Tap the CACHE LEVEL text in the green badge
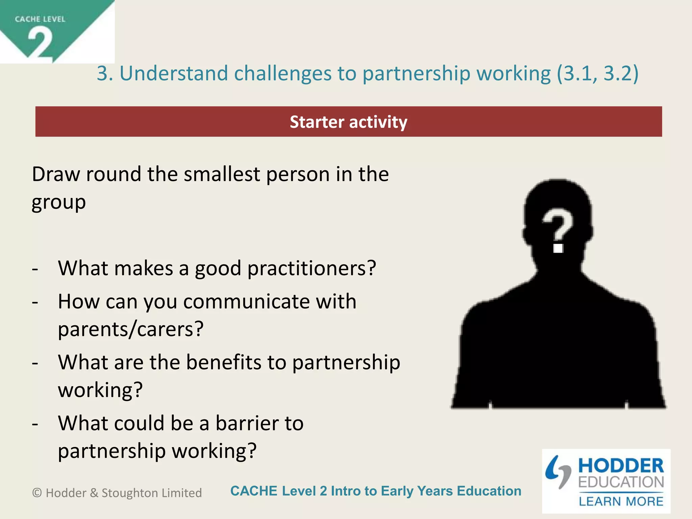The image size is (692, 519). coord(40,19)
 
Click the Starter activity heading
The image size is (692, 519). coord(348,122)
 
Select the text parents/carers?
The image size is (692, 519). coord(131,329)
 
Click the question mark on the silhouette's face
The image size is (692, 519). coord(558,230)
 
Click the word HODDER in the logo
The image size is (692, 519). coord(621,466)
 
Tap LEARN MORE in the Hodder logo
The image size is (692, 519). coord(621,501)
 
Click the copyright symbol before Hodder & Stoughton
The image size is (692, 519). coord(37,493)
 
